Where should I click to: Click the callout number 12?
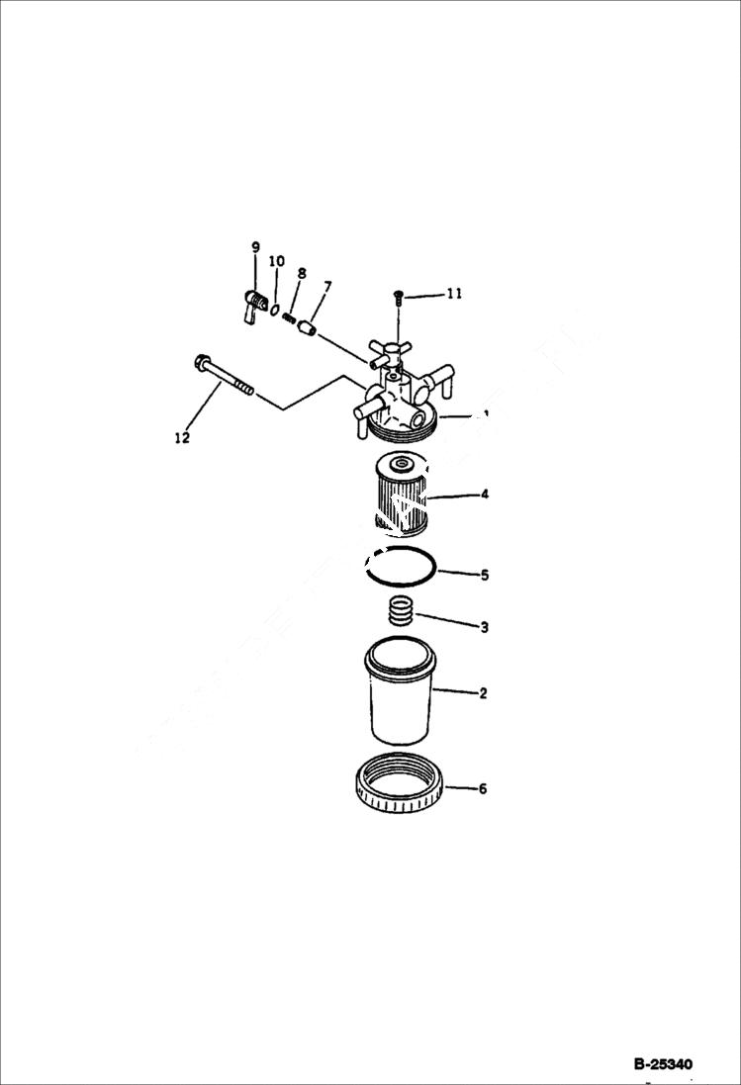click(182, 437)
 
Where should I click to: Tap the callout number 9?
click(255, 246)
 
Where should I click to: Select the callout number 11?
click(453, 294)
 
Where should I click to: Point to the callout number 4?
click(484, 493)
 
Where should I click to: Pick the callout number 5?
click(484, 574)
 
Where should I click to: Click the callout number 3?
click(483, 627)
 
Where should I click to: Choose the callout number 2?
click(483, 693)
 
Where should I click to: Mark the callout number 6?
click(483, 789)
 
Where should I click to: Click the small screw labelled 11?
click(396, 295)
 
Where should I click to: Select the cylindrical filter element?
click(401, 493)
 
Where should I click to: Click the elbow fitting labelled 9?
click(252, 305)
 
